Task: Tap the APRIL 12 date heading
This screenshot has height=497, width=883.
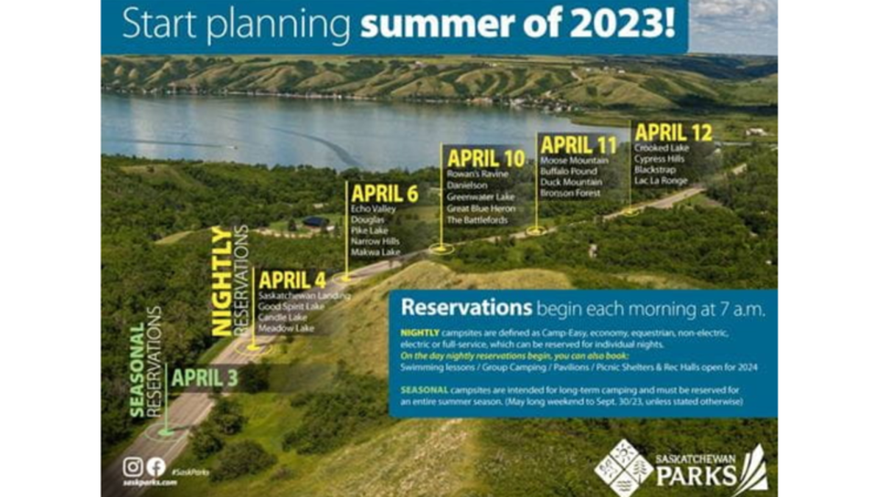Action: tap(673, 133)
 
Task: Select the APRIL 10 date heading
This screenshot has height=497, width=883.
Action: tap(486, 158)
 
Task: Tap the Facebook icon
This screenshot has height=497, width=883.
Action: tap(156, 467)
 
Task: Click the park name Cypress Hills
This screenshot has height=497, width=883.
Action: tap(660, 159)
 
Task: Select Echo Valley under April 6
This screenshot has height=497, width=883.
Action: tap(374, 209)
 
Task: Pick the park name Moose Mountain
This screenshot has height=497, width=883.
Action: tap(575, 160)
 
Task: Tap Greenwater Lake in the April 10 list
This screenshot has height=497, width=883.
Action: tap(481, 197)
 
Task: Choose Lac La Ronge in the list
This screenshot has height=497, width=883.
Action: tap(661, 181)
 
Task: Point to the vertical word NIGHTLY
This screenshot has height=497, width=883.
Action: tap(221, 282)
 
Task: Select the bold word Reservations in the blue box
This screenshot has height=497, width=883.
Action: tap(467, 306)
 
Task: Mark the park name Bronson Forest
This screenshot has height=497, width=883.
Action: tap(570, 193)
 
